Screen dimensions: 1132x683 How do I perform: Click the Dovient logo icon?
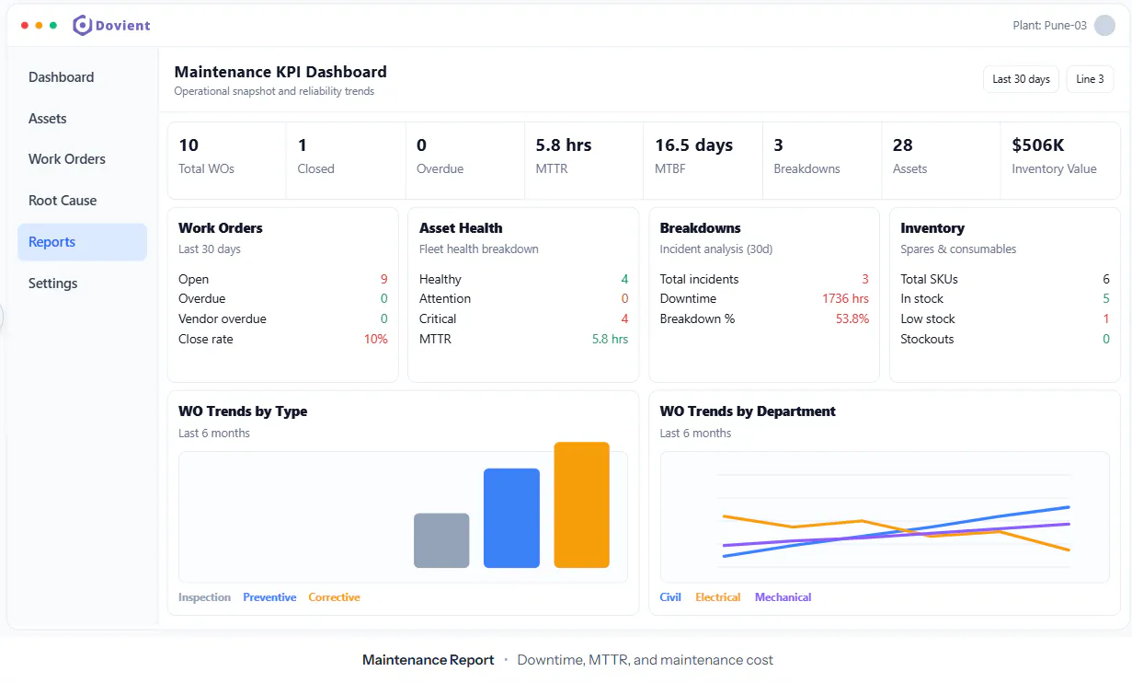[83, 25]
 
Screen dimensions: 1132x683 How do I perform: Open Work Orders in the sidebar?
[67, 159]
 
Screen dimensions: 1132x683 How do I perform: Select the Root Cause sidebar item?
[63, 201]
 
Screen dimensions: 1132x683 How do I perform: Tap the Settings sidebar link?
[52, 284]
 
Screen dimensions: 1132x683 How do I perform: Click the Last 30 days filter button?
[1021, 79]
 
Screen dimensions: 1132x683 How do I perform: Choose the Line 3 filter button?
[1090, 79]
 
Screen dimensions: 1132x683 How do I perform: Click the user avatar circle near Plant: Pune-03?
[1104, 25]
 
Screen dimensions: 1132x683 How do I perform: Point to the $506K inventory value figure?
[1038, 145]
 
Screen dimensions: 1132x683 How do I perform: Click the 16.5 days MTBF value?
[694, 145]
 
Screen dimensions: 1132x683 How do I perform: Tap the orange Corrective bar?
[582, 505]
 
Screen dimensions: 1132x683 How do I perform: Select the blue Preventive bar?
[511, 518]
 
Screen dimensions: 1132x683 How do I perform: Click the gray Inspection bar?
[441, 540]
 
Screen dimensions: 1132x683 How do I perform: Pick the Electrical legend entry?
[717, 597]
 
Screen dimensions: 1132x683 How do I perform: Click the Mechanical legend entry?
[783, 597]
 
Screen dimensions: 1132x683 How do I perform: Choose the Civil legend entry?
[670, 597]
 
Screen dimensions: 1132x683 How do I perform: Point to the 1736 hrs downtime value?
[845, 298]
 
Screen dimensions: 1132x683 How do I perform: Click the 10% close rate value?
[375, 339]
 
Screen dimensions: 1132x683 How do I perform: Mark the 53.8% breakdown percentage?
[852, 318]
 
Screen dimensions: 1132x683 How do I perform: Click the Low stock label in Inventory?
[927, 318]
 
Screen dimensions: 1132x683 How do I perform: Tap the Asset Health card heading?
[461, 228]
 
